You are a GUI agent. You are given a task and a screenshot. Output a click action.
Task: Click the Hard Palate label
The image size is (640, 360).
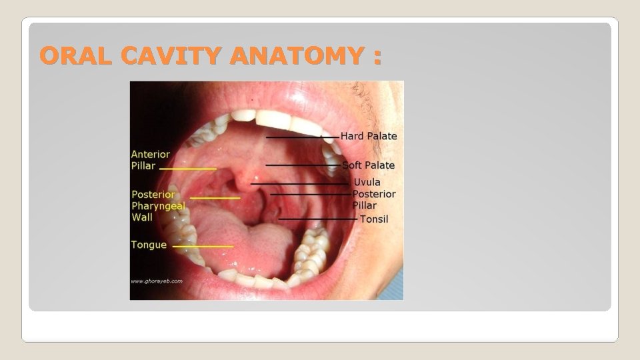(369, 136)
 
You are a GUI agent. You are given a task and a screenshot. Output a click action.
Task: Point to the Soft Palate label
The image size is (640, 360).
(369, 165)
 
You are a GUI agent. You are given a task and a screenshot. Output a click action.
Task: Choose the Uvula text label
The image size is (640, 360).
(367, 182)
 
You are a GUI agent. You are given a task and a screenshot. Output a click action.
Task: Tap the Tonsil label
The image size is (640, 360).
(374, 219)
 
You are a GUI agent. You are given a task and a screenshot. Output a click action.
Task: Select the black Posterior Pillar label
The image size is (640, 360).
(374, 199)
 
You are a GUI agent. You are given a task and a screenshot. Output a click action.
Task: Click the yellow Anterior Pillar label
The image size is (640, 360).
(151, 159)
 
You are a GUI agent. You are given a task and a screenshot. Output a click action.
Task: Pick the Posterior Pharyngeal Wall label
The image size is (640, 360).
(158, 205)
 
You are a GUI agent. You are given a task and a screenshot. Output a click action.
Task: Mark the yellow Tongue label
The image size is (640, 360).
(149, 245)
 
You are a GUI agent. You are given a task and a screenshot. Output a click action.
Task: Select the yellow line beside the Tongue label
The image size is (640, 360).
(203, 246)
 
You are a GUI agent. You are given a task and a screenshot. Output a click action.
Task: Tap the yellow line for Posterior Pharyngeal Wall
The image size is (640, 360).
(215, 198)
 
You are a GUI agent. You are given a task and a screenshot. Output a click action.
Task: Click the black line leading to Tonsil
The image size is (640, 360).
(318, 219)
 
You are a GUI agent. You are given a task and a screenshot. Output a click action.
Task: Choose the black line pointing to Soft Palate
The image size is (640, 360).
(303, 165)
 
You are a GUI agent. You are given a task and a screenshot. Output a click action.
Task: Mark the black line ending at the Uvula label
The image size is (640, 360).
(300, 183)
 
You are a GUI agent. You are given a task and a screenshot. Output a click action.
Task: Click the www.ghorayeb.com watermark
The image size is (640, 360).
(157, 281)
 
